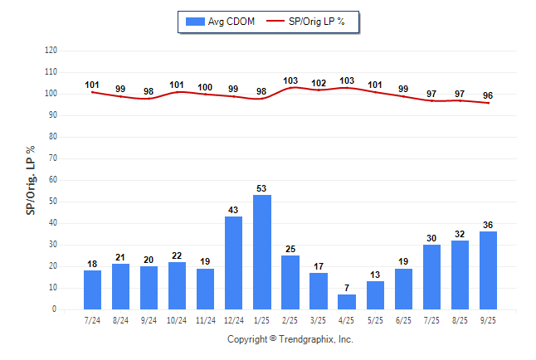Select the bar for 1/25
262,252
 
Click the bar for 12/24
234,263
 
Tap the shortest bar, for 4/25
347,302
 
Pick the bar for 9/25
488,270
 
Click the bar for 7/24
93,289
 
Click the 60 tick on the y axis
52,180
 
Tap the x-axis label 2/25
290,319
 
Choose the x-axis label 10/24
178,319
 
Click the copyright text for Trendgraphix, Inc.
290,339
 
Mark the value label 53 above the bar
262,188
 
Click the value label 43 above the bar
234,210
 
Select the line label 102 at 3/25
319,82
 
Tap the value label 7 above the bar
347,288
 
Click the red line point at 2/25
290,87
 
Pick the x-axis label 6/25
403,319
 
